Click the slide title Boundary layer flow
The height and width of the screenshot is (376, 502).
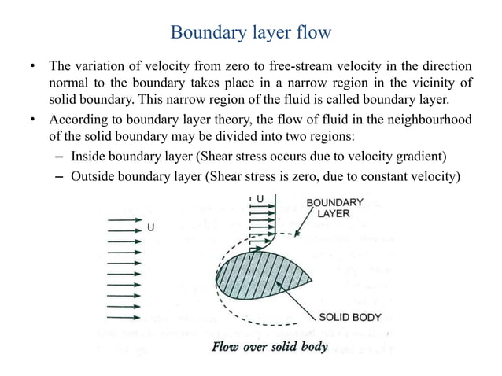click(x=251, y=33)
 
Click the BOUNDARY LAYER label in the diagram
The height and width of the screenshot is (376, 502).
click(x=334, y=208)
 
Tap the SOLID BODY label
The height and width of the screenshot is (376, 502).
click(x=349, y=318)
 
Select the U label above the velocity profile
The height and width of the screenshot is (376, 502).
click(x=260, y=198)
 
